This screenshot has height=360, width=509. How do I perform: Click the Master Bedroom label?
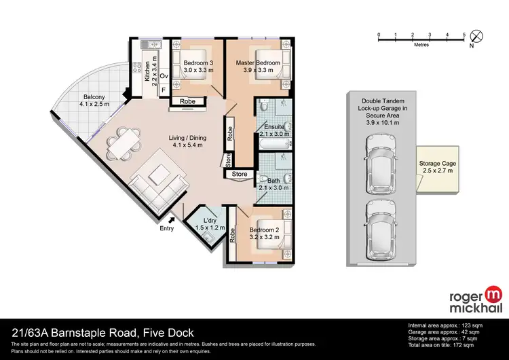tap(258, 63)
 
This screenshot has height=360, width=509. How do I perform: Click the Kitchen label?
tap(147, 71)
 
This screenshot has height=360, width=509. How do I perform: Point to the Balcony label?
tap(89, 96)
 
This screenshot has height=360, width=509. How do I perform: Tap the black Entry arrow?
tap(172, 219)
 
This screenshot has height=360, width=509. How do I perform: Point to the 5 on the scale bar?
tap(464, 33)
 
